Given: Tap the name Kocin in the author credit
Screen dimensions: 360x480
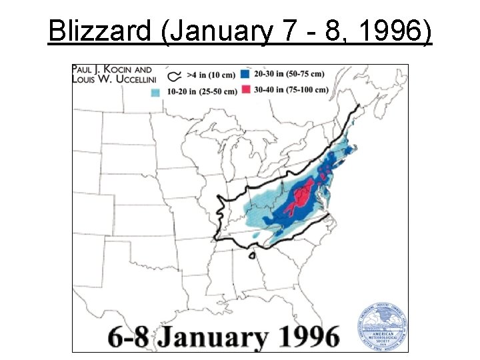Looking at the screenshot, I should point(123,69).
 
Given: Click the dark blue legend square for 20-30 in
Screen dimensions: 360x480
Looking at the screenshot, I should point(245,75).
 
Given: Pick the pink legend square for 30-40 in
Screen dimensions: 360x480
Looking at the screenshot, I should point(245,89).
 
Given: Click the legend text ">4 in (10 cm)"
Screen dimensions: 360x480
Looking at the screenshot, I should point(211,76).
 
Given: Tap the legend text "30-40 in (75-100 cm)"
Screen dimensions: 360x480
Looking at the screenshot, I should point(291,89).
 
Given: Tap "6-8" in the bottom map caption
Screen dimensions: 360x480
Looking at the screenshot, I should point(107,335).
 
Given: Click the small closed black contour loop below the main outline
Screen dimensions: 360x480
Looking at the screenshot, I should point(253,255).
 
